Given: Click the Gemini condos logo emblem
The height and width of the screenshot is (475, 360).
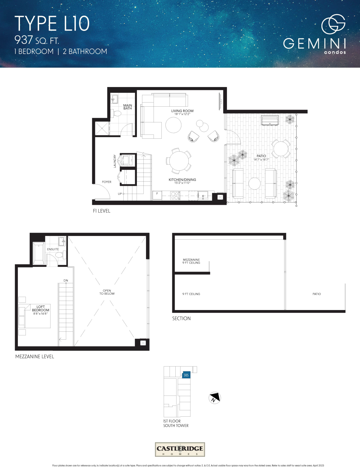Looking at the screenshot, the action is pyautogui.click(x=333, y=24).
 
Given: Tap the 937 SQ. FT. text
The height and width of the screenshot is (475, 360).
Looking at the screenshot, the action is pyautogui.click(x=37, y=40).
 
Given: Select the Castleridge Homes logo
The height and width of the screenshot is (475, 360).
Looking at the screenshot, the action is pyautogui.click(x=180, y=449).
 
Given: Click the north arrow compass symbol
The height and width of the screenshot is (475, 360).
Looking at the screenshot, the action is pyautogui.click(x=215, y=398).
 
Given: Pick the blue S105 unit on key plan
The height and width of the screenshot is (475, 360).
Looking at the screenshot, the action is pyautogui.click(x=186, y=375).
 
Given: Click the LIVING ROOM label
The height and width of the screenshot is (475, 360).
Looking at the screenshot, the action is pyautogui.click(x=182, y=111).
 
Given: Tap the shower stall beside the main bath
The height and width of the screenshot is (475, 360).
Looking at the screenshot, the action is pyautogui.click(x=102, y=128).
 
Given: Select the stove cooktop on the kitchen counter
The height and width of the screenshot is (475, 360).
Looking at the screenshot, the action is pyautogui.click(x=175, y=195).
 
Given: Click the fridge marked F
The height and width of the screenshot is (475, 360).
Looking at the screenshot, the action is pyautogui.click(x=157, y=195).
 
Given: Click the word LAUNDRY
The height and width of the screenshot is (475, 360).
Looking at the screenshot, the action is pyautogui.click(x=115, y=161).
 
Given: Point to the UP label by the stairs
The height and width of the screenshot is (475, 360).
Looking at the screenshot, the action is pyautogui.click(x=120, y=194).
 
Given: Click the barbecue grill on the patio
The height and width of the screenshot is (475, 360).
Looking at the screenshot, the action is pyautogui.click(x=270, y=121).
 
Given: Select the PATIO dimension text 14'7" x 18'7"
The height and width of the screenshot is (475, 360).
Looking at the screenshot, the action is pyautogui.click(x=261, y=160).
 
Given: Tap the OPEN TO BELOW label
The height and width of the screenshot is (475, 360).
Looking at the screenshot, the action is pyautogui.click(x=107, y=292).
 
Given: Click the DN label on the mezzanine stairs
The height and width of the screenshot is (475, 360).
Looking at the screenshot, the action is pyautogui.click(x=66, y=280).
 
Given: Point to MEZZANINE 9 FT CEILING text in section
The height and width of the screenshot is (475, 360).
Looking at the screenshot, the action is pyautogui.click(x=191, y=261).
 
